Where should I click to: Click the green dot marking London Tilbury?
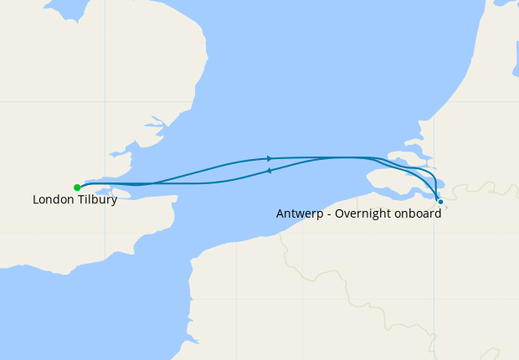[x=77, y=187]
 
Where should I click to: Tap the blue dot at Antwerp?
[x=440, y=202]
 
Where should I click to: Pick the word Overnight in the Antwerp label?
[x=364, y=213]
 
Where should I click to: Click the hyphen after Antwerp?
[x=326, y=214]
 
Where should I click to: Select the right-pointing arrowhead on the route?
[x=270, y=158]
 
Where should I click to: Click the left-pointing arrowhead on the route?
[x=268, y=171]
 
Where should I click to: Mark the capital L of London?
[x=36, y=200]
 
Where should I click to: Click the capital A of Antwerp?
[x=280, y=213]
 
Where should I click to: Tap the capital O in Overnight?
[x=338, y=213]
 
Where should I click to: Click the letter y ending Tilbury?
[x=114, y=202]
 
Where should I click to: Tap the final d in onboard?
[x=438, y=213]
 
